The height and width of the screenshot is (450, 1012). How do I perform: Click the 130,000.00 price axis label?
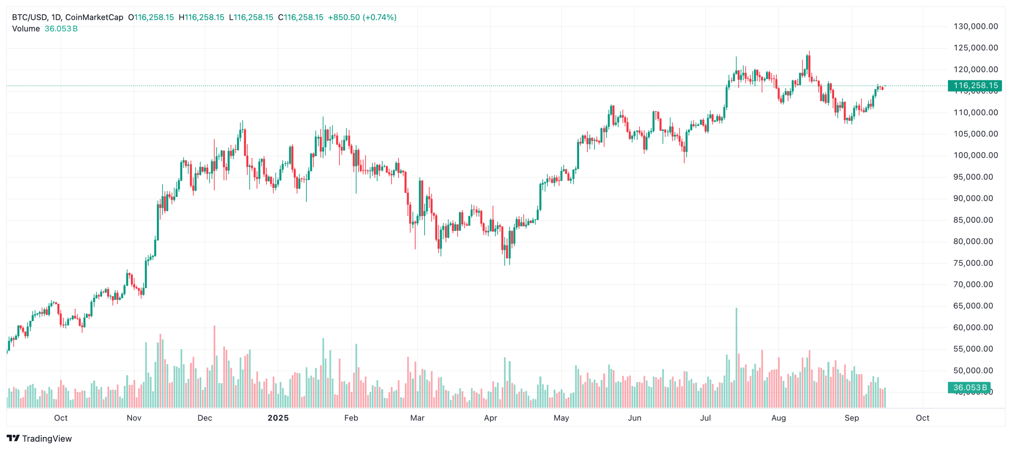975,26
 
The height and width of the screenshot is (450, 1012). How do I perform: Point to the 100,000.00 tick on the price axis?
975,155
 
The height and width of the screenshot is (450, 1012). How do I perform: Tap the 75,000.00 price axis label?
973,263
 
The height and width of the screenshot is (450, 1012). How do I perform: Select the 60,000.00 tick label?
973,327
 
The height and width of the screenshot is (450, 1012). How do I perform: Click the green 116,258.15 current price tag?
975,85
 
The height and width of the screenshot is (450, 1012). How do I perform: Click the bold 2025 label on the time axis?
278,418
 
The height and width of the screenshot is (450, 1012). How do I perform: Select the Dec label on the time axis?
205,418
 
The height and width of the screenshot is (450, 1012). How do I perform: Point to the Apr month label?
490,418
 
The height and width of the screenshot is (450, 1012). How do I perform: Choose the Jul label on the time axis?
705,418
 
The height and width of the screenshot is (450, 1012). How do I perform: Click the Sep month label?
852,418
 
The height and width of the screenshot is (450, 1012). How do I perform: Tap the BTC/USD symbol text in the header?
29,17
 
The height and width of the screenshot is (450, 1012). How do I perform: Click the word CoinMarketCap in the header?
94,17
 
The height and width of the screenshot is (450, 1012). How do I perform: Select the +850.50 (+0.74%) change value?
362,17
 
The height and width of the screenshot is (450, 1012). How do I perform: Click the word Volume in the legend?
26,29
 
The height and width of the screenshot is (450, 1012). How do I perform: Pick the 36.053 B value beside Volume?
61,29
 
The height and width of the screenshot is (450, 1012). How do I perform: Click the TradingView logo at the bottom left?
39,439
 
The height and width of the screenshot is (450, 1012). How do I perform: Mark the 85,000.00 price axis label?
973,220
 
